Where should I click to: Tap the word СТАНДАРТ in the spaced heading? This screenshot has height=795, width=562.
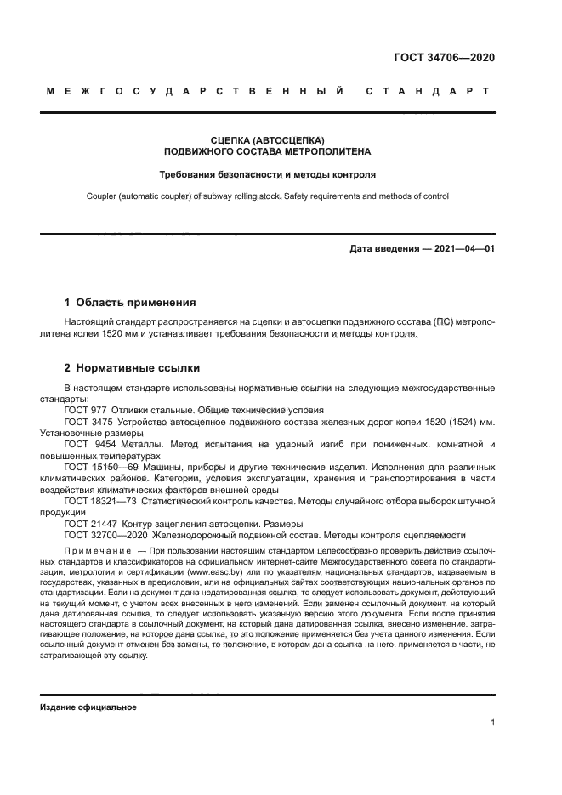428,90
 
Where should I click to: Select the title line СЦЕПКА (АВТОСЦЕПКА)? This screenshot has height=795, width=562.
268,139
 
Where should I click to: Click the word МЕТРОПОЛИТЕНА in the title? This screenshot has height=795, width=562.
312,151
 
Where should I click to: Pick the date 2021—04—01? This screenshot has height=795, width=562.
464,250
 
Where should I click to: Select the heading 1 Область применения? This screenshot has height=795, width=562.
131,302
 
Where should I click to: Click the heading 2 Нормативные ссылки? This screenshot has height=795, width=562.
133,368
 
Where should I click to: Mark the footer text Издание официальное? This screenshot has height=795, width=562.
88,707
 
